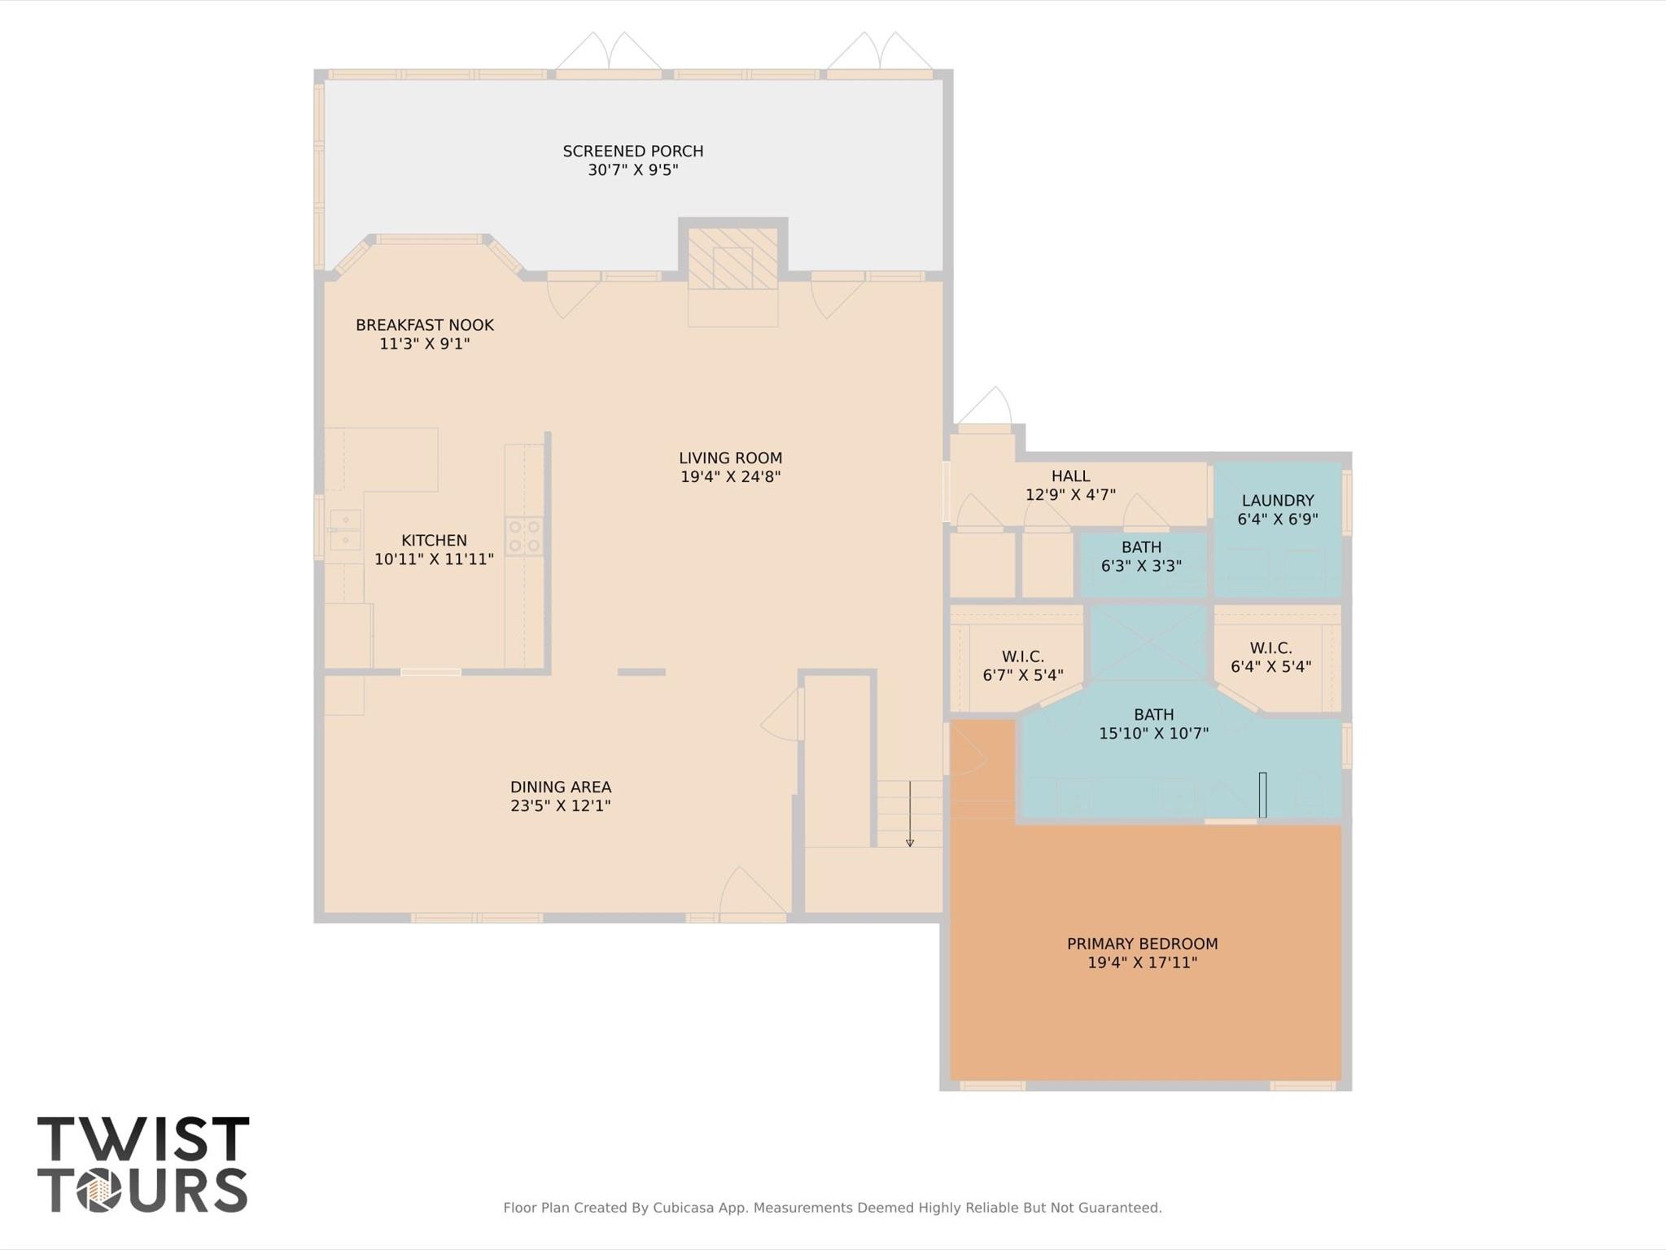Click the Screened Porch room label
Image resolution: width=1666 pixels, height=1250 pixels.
click(x=632, y=151)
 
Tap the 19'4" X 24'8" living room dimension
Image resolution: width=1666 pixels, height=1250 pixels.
click(x=730, y=477)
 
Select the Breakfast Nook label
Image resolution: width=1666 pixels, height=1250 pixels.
click(x=424, y=325)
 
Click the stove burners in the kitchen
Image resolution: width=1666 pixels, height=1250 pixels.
click(x=524, y=537)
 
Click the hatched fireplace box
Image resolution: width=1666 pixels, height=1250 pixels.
click(x=732, y=258)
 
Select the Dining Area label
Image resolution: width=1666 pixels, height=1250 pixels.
click(x=560, y=787)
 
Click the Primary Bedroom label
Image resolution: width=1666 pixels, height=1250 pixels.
click(x=1142, y=944)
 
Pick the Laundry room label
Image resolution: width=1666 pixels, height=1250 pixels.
click(x=1277, y=501)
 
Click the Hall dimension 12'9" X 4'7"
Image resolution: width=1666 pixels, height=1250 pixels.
click(x=1070, y=494)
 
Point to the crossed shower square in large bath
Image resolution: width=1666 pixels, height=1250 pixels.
click(x=1148, y=643)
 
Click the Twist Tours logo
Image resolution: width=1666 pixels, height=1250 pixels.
click(x=142, y=1164)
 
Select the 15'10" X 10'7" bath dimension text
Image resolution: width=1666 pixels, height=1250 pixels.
click(x=1153, y=733)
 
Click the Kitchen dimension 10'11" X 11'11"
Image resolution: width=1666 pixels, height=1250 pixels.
click(x=434, y=559)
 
